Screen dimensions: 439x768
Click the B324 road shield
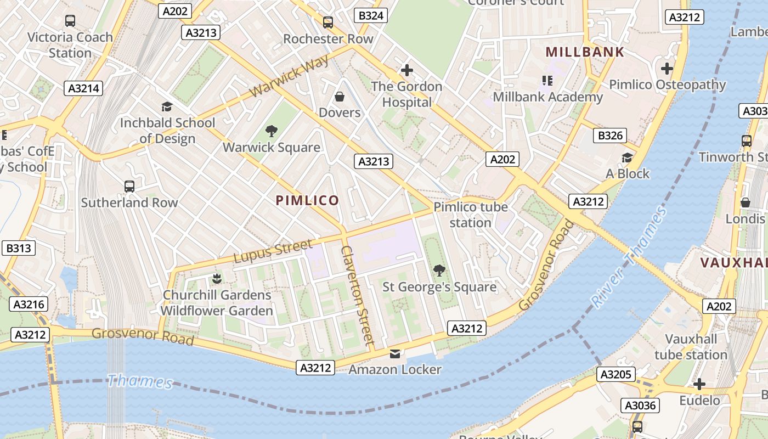pos(371,15)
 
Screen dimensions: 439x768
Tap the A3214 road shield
pos(84,88)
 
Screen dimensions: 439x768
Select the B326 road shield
pos(609,136)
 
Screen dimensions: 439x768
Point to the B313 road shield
pos(18,248)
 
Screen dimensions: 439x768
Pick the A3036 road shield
pos(640,406)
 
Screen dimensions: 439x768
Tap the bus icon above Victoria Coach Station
pos(70,21)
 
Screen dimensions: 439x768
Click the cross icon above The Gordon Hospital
pos(406,70)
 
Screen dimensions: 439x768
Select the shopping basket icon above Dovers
pos(340,97)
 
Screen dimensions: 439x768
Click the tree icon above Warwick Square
pos(271,131)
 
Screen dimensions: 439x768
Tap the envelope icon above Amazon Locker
pos(395,353)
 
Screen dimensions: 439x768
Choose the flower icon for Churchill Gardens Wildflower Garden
pos(217,279)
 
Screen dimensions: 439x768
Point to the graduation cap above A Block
pos(627,158)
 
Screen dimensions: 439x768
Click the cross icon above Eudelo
pos(699,384)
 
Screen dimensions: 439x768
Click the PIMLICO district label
pos(307,201)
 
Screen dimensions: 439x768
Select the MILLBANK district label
pos(585,52)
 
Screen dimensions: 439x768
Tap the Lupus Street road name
pos(273,251)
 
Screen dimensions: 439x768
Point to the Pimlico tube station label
pos(471,215)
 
